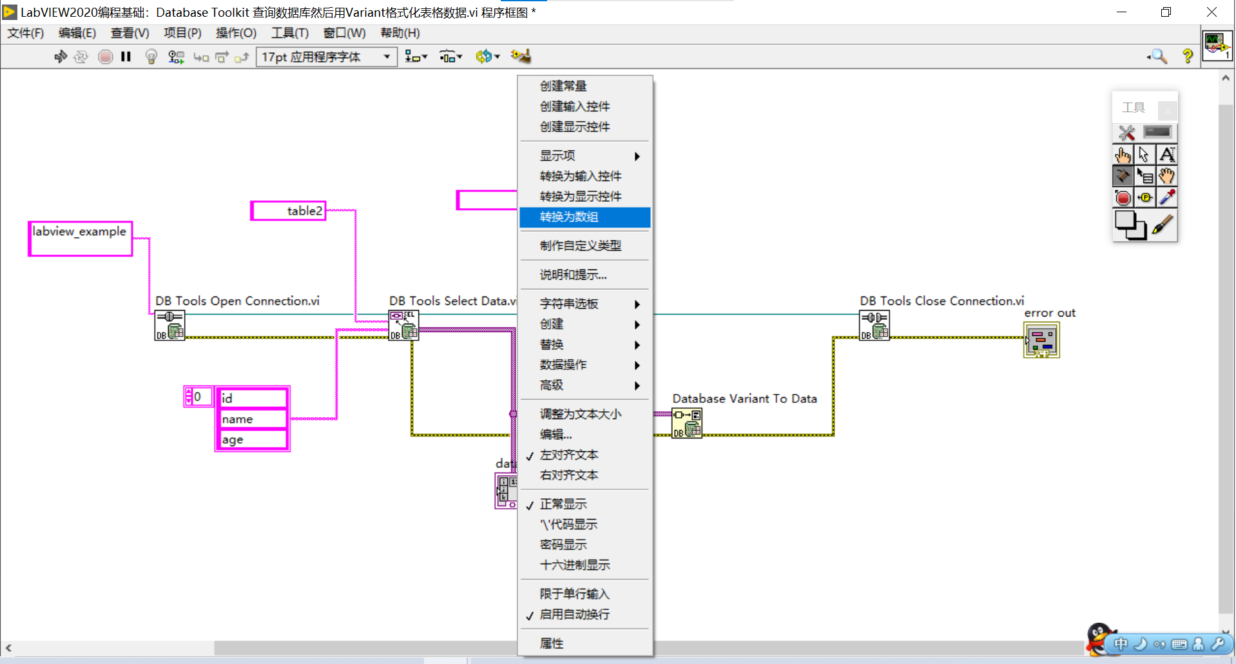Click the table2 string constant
click(x=289, y=211)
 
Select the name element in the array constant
click(x=252, y=419)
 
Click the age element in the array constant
click(x=252, y=440)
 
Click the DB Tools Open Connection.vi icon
click(x=169, y=325)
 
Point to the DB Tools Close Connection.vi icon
click(x=874, y=325)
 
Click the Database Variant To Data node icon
click(x=687, y=424)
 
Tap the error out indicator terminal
click(x=1041, y=340)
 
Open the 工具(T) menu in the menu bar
click(x=289, y=33)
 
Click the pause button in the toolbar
click(x=126, y=57)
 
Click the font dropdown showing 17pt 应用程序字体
click(x=326, y=57)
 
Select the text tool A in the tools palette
click(x=1166, y=155)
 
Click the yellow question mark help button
click(x=1187, y=57)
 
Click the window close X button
click(x=1212, y=12)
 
